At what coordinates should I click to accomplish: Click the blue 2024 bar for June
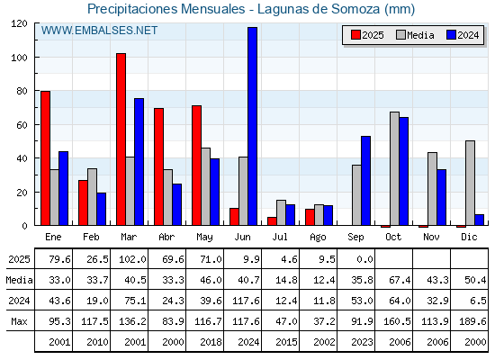pos(252,126)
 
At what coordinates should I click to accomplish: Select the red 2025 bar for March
pos(121,139)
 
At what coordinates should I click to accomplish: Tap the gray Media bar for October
pos(394,169)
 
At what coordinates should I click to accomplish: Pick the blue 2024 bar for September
pos(365,181)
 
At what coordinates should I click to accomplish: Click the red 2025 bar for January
pos(45,158)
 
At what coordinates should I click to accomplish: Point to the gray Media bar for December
pos(470,183)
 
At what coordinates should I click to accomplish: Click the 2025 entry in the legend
pos(367,35)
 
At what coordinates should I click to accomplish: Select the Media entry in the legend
pos(415,35)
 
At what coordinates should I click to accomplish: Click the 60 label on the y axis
pos(22,125)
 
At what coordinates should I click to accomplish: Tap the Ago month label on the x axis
pos(318,238)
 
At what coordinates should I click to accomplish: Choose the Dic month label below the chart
pos(469,237)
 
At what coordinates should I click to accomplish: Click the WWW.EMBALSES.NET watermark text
pos(99,31)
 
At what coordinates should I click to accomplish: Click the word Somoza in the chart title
pos(355,9)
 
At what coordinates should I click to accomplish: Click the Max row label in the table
pos(19,321)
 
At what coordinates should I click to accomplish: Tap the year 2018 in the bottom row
pos(211,342)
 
